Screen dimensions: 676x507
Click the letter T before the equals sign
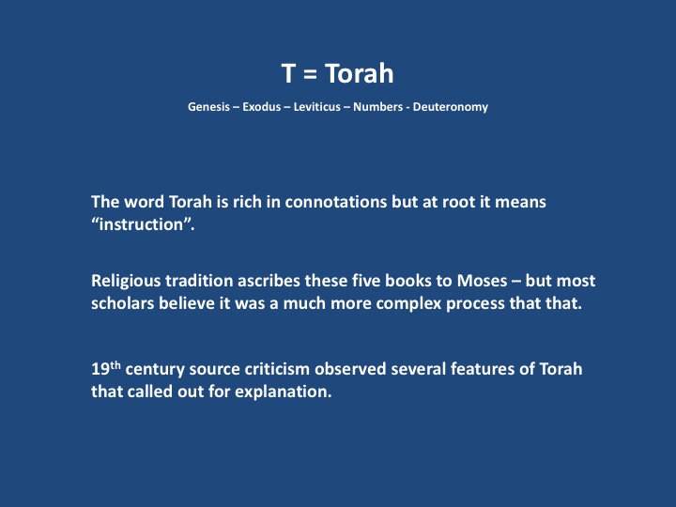tap(288, 74)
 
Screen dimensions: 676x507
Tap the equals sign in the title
tap(310, 74)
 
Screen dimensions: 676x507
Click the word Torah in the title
tap(359, 73)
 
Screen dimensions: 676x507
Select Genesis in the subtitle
tap(208, 107)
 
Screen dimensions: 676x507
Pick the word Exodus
tap(262, 107)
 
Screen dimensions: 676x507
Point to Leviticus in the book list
tap(317, 107)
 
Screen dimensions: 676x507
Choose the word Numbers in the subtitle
tap(377, 107)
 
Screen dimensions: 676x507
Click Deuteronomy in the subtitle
tap(451, 107)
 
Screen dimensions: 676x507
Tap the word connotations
tap(336, 202)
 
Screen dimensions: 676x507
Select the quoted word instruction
tap(142, 224)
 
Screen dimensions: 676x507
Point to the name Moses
tap(482, 281)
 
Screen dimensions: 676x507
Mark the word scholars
tap(122, 303)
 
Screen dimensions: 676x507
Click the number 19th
tap(106, 368)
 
